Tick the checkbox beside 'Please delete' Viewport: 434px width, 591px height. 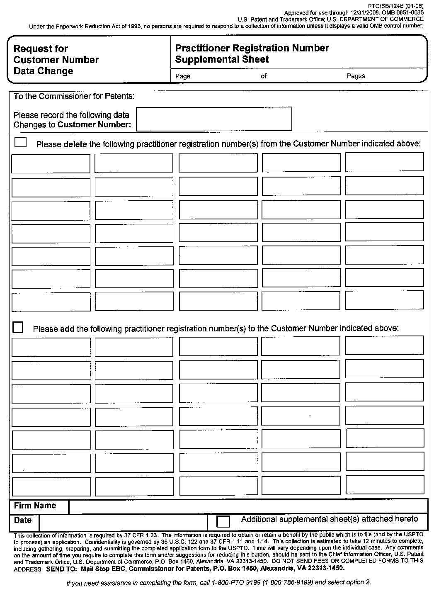coord(20,142)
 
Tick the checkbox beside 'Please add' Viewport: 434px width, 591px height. coord(18,327)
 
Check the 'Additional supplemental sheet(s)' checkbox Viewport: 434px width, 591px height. coord(223,521)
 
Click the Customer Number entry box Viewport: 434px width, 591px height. coord(214,119)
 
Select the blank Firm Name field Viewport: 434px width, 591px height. coord(248,506)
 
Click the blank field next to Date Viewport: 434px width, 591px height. coord(123,521)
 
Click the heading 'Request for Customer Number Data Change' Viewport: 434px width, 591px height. coord(56,60)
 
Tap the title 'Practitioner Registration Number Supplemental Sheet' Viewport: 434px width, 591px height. coord(252,54)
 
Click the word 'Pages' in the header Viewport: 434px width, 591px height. coord(356,76)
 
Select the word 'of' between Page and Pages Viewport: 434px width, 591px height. coord(264,76)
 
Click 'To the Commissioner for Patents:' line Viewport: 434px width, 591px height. coord(74,96)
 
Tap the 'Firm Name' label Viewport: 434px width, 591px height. coord(35,506)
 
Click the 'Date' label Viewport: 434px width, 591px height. coord(23,520)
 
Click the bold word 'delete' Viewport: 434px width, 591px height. coord(75,144)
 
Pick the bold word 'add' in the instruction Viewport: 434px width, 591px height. coord(67,329)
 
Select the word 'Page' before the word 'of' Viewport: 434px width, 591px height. coord(183,76)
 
